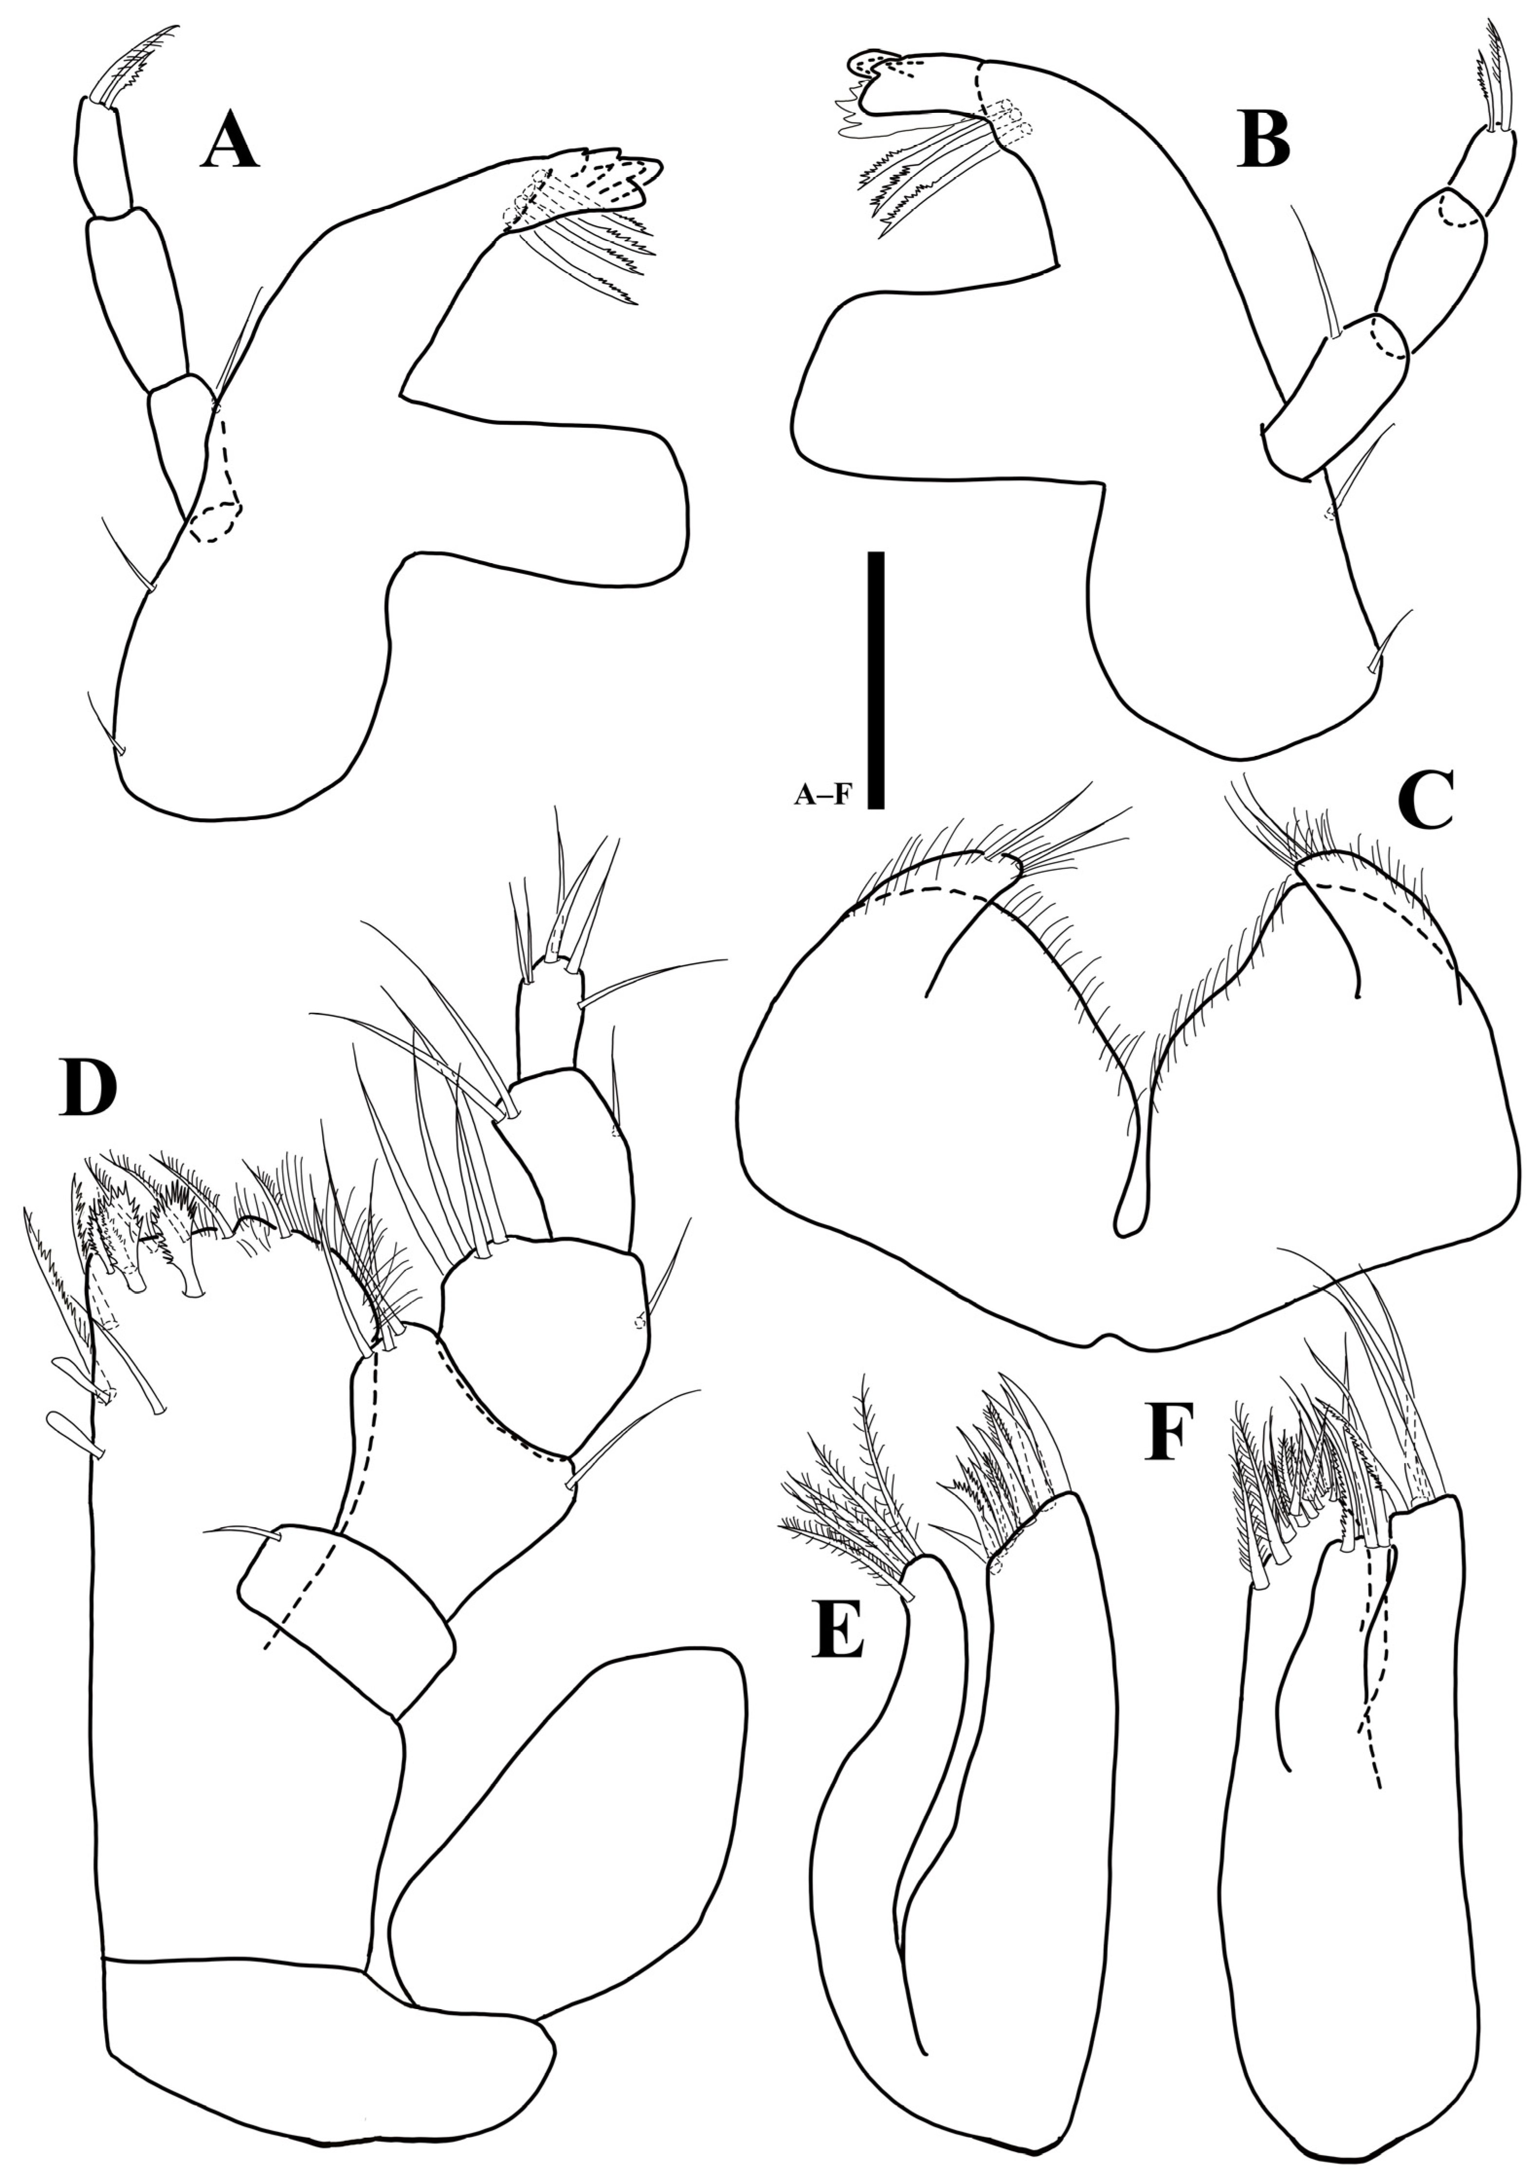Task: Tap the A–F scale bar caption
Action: click(822, 797)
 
